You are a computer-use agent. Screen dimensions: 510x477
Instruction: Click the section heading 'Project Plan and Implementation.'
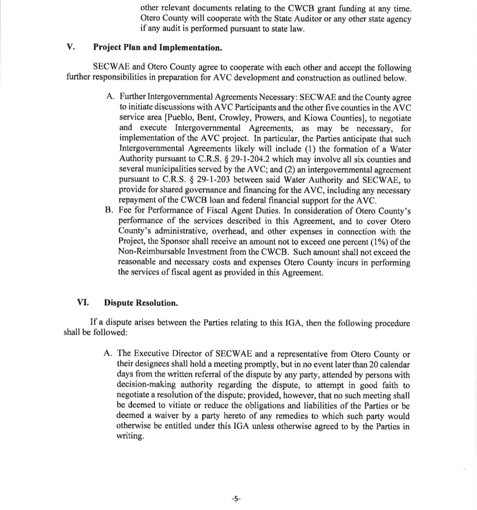[157, 48]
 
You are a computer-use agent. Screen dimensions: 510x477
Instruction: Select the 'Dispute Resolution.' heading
[141, 303]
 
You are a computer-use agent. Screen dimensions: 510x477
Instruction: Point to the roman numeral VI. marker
[83, 302]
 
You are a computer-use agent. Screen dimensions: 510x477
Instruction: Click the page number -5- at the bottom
[235, 499]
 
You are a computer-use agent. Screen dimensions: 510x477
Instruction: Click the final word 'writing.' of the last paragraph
[130, 436]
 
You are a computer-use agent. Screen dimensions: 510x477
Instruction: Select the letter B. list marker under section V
[110, 211]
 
